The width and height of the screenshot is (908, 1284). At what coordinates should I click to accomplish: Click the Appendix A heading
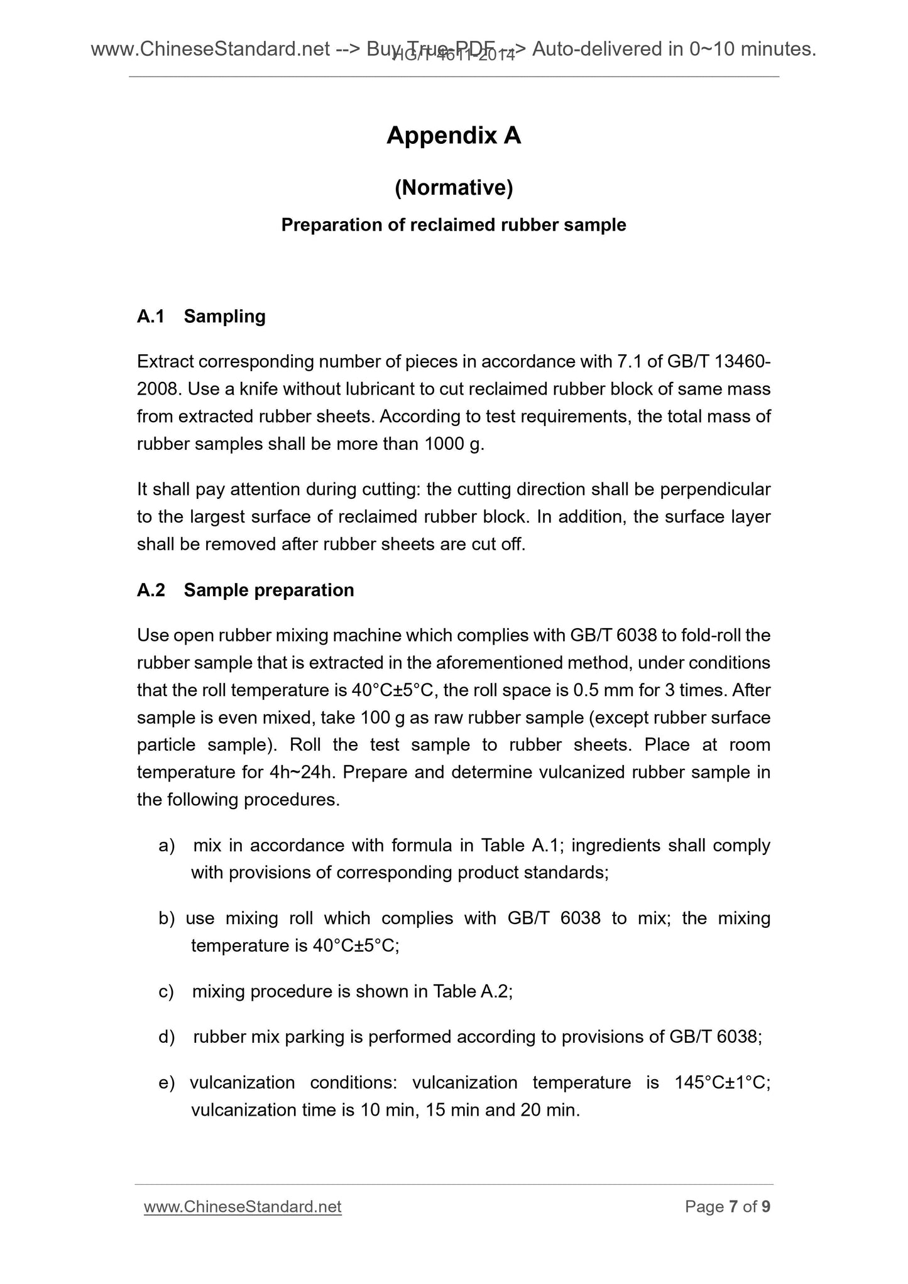pos(454,136)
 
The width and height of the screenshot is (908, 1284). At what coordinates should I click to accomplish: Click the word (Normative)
pos(454,188)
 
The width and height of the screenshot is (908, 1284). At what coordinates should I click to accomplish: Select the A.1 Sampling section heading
pos(201,316)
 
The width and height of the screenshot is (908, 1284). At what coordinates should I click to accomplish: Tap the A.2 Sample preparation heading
pos(245,590)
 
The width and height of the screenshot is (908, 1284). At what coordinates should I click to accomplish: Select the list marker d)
pos(167,1036)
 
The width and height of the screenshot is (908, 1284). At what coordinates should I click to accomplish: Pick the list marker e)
pos(167,1082)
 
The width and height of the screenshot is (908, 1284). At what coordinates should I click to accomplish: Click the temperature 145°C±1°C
pos(722,1082)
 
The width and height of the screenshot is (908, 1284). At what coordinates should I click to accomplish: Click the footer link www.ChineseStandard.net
pos(243,1207)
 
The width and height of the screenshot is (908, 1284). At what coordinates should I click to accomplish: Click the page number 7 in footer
pos(733,1207)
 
